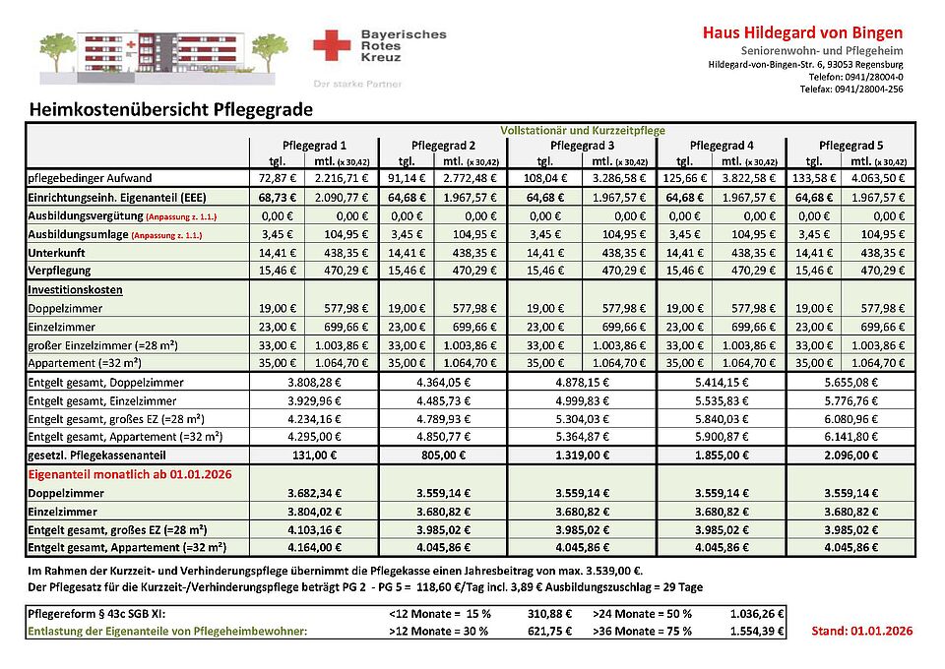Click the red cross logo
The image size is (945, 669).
pos(333,45)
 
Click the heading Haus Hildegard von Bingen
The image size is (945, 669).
pos(802,32)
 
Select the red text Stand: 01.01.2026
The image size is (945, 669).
pos(862,631)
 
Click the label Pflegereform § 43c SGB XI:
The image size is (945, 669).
pos(94,613)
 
